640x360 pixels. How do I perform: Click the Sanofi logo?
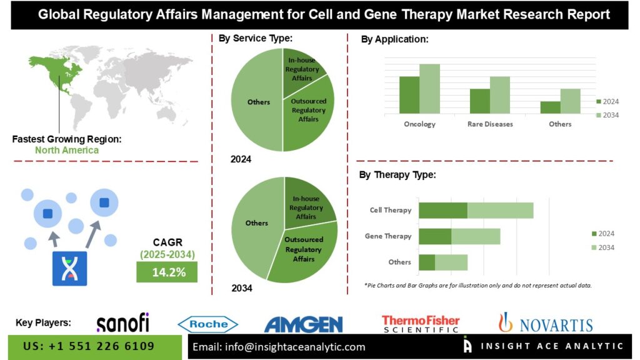click(x=122, y=322)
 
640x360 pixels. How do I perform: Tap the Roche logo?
click(x=207, y=324)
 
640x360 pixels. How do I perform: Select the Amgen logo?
click(x=303, y=324)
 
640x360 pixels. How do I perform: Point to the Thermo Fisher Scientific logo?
click(x=421, y=324)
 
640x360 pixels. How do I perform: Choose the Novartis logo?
click(x=545, y=322)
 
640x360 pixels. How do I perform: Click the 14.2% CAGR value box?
click(x=167, y=272)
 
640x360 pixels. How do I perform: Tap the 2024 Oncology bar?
click(x=409, y=95)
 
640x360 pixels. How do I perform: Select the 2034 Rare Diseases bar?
click(x=500, y=95)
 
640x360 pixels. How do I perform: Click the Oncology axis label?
click(x=419, y=124)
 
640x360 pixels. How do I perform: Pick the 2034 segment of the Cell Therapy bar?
click(x=500, y=211)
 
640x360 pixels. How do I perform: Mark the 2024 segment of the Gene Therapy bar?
click(x=435, y=236)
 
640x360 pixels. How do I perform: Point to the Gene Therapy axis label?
click(x=388, y=236)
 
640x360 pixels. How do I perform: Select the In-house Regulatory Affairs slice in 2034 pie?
click(x=307, y=203)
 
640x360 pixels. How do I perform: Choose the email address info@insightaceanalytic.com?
click(x=279, y=347)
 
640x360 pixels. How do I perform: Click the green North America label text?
click(x=67, y=150)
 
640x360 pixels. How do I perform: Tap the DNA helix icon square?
click(x=69, y=269)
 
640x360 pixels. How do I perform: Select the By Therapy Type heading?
click(x=397, y=175)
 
